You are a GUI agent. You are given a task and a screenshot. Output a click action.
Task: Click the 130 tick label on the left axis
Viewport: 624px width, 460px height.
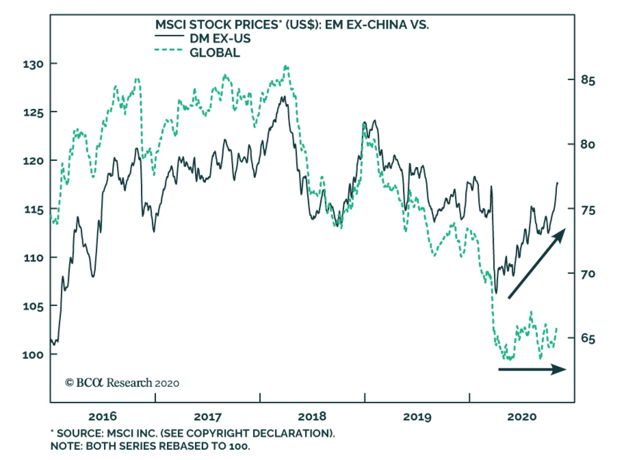[33, 64]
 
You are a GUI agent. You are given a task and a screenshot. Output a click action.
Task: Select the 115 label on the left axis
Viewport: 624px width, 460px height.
[33, 210]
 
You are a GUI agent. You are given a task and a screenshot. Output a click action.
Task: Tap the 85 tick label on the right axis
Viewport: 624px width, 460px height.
[588, 80]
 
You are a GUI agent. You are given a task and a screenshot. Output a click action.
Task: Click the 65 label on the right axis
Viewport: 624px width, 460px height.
[588, 338]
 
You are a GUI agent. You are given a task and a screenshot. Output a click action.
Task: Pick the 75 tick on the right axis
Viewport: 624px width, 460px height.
[588, 210]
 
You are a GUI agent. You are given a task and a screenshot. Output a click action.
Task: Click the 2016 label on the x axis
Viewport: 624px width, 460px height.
[103, 417]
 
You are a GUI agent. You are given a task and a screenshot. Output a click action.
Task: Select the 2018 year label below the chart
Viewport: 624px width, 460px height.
[312, 417]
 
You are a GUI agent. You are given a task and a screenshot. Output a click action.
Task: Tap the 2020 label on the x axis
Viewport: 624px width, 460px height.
[522, 417]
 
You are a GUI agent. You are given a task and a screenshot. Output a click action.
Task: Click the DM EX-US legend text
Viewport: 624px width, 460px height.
[220, 38]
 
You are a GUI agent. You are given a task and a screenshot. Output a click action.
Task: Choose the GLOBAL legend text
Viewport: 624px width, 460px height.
[214, 52]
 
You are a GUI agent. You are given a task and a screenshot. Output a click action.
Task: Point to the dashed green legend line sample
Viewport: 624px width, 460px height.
[169, 50]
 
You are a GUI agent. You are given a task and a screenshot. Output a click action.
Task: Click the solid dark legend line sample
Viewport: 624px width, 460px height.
[169, 36]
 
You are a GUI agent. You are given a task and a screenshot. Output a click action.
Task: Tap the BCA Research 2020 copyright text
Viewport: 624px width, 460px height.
[122, 383]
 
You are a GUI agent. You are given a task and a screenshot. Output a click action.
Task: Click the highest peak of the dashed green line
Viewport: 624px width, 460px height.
[286, 67]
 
